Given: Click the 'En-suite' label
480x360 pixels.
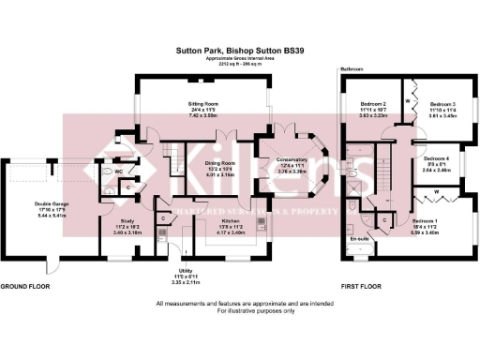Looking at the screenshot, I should (358, 240).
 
